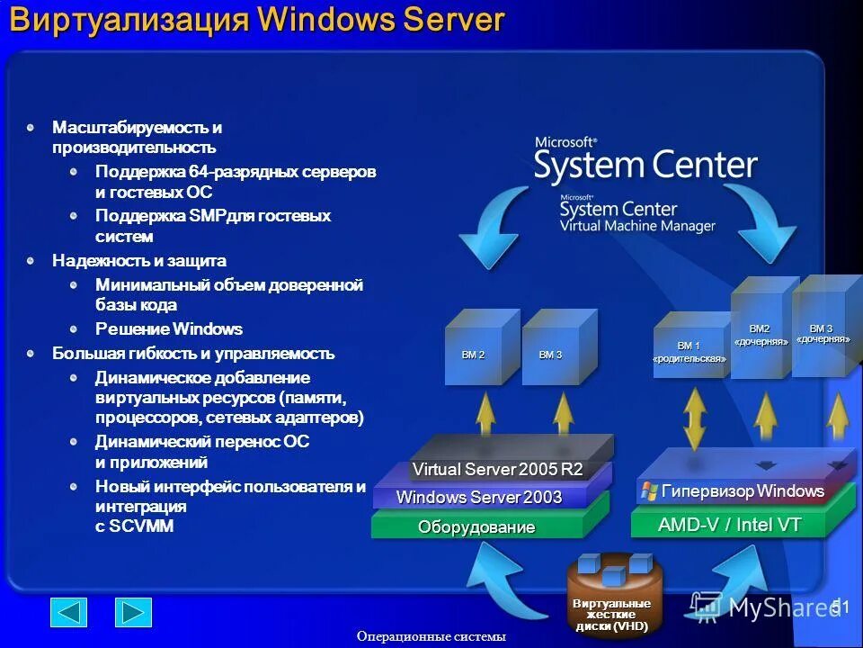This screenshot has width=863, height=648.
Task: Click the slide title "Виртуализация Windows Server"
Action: click(257, 22)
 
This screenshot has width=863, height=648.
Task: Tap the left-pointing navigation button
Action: click(69, 612)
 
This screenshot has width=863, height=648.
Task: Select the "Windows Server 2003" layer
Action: click(478, 498)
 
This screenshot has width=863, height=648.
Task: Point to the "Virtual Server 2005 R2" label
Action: click(497, 470)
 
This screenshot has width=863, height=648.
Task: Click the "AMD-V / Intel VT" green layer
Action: click(729, 525)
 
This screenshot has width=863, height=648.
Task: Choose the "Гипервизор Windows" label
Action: click(743, 491)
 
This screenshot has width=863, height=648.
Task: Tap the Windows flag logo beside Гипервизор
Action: click(649, 491)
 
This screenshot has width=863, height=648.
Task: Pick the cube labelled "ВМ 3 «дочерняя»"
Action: click(822, 329)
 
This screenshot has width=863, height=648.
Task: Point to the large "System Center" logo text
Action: click(645, 166)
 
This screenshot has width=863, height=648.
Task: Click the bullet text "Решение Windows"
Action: click(169, 329)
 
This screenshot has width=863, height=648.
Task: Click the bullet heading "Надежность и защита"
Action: click(139, 261)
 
